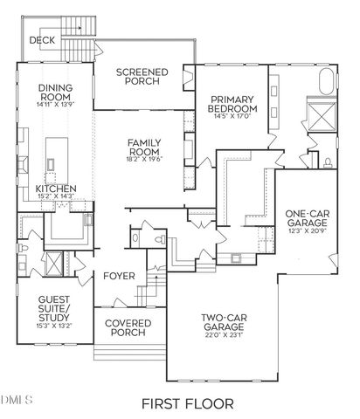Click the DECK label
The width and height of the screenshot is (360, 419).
(x=43, y=40)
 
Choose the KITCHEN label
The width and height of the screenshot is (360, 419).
(x=56, y=189)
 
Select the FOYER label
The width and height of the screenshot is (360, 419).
(x=119, y=277)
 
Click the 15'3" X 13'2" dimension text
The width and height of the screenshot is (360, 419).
(x=53, y=327)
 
